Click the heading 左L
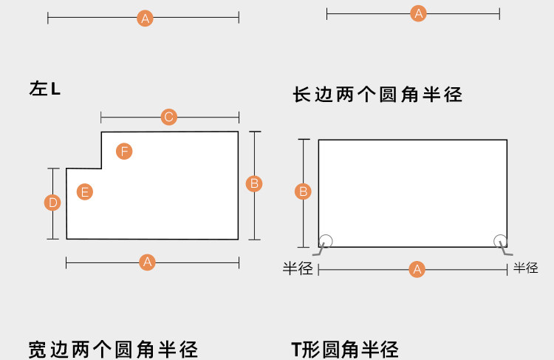(x=45, y=89)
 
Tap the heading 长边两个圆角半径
(x=377, y=95)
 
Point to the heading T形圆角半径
(x=344, y=350)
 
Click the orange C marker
(x=168, y=117)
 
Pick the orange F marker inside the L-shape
(x=124, y=152)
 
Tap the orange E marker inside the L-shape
(x=85, y=192)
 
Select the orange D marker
(x=52, y=203)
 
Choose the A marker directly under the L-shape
(x=147, y=262)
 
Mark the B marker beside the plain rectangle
(x=303, y=192)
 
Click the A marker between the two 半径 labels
(x=417, y=269)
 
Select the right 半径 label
(x=526, y=268)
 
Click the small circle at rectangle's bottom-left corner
(x=326, y=240)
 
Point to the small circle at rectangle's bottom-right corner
(x=500, y=240)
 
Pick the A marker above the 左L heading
(x=145, y=18)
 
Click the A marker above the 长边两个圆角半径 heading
(x=419, y=13)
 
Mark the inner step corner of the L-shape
(x=101, y=168)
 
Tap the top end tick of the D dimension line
(x=52, y=169)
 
